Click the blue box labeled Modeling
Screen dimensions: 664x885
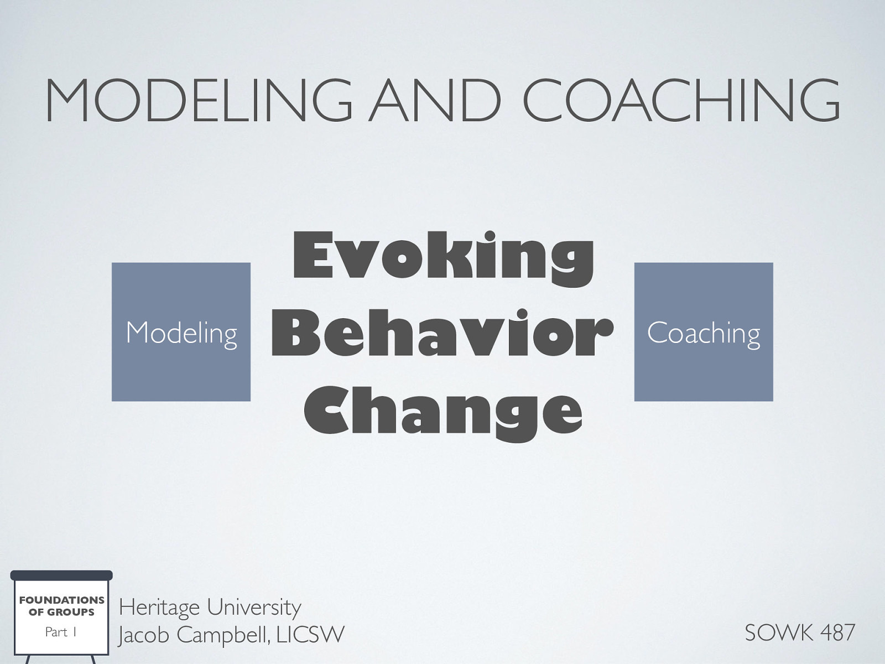click(181, 332)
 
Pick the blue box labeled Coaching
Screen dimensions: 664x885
click(703, 332)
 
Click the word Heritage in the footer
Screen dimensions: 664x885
click(159, 608)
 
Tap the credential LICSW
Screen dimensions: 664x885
click(310, 634)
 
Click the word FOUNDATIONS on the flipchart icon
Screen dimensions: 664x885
click(61, 600)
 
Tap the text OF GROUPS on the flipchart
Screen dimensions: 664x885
click(61, 612)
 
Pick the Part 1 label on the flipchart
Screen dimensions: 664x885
click(60, 632)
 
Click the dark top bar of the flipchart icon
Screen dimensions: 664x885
click(61, 575)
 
